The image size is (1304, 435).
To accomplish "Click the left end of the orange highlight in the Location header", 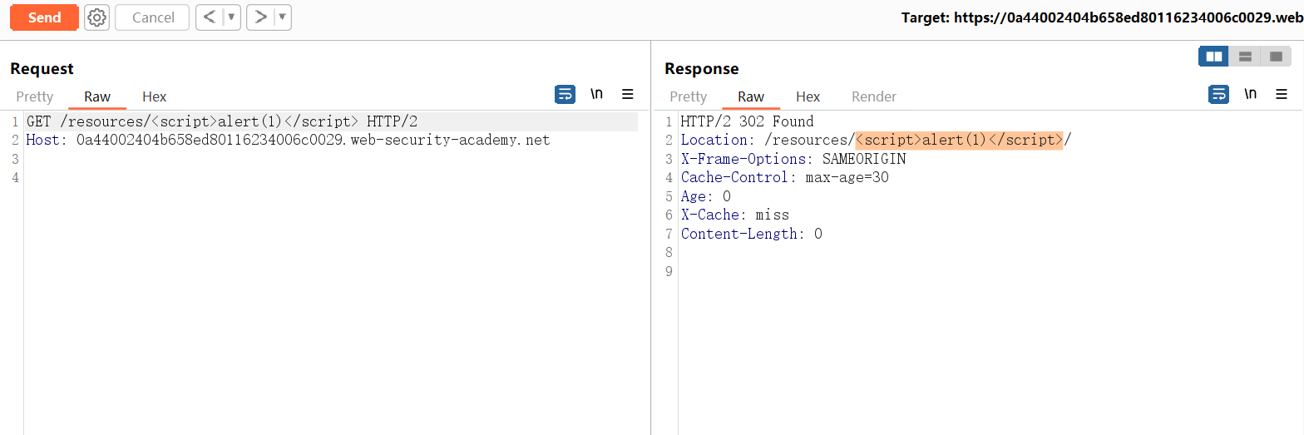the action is (x=855, y=141).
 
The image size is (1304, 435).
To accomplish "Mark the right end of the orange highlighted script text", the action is (x=1064, y=141).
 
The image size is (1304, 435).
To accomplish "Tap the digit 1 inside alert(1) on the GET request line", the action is (x=271, y=121).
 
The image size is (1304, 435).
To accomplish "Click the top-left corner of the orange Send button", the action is (x=11, y=5).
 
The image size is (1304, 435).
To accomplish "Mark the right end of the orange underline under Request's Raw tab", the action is (x=126, y=108).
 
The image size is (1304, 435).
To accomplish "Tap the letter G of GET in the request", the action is (x=31, y=121).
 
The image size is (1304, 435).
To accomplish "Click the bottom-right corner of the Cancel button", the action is (x=190, y=30).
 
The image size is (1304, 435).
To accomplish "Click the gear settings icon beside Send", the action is (x=96, y=17).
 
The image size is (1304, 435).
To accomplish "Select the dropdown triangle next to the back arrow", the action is (x=232, y=17).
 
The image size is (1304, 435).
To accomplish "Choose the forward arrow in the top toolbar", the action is (x=261, y=17).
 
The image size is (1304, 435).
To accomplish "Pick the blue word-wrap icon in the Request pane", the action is (x=565, y=94).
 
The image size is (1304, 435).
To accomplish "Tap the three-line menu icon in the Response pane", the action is (x=1282, y=94).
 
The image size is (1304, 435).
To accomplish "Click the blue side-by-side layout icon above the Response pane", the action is (x=1214, y=57).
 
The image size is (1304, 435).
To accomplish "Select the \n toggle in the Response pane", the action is (x=1250, y=94).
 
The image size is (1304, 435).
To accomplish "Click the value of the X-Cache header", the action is (x=773, y=215).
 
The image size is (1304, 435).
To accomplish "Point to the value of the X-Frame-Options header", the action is (x=865, y=159).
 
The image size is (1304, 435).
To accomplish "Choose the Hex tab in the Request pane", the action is (x=155, y=96).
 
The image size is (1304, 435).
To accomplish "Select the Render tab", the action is (x=874, y=96).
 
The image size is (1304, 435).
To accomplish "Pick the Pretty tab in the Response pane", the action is (x=688, y=96).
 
